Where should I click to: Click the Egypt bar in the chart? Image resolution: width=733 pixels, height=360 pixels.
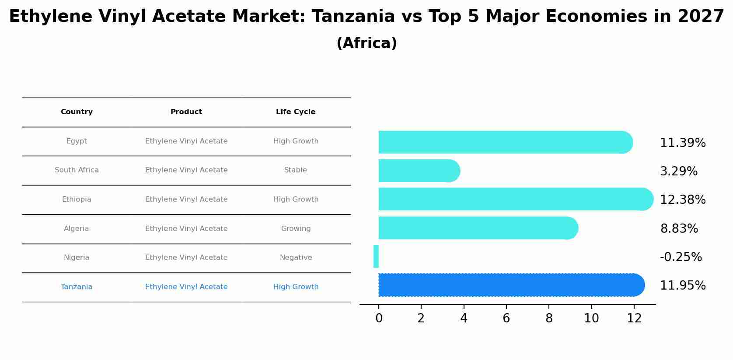(x=503, y=142)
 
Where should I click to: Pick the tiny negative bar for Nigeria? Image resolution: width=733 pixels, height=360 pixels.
(x=376, y=256)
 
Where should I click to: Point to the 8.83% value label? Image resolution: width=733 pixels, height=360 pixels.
(x=679, y=228)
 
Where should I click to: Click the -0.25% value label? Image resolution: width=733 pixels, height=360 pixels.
(x=681, y=257)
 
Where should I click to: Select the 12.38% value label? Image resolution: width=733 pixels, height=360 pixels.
(x=682, y=199)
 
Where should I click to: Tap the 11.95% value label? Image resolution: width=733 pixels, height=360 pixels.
(x=682, y=285)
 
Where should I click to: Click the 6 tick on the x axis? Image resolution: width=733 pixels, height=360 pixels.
(x=506, y=318)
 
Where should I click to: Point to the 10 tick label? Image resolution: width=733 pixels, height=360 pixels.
(x=591, y=318)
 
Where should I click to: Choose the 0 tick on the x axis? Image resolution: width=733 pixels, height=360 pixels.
(x=379, y=318)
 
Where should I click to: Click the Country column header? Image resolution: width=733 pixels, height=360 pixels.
(x=77, y=112)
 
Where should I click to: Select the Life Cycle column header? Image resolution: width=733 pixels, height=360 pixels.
(x=296, y=112)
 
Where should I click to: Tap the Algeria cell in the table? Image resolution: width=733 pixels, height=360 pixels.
(x=77, y=228)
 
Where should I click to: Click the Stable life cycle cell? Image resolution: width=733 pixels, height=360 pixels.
(x=296, y=170)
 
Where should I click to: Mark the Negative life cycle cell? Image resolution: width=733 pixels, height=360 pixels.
(x=296, y=258)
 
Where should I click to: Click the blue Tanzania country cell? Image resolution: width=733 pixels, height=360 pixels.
(x=77, y=287)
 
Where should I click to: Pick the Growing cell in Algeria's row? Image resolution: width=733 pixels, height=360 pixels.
(x=296, y=228)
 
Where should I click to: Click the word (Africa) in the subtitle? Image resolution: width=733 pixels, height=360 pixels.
(x=366, y=43)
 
